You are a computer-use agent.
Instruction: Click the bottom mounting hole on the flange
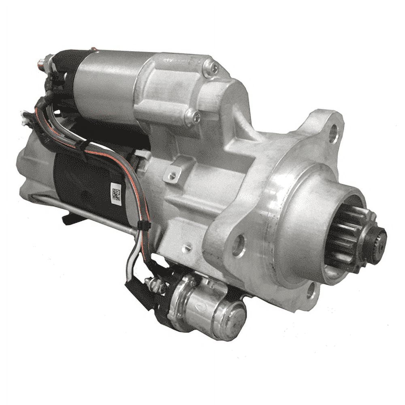pos(311,290)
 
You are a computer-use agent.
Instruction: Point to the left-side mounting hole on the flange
pos(238,245)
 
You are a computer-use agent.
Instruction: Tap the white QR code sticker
pos(116,193)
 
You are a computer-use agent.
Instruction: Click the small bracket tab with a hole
pos(172,175)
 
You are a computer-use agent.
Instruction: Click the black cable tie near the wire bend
pos(144,225)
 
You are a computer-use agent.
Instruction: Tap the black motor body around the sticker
pos(85,182)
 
